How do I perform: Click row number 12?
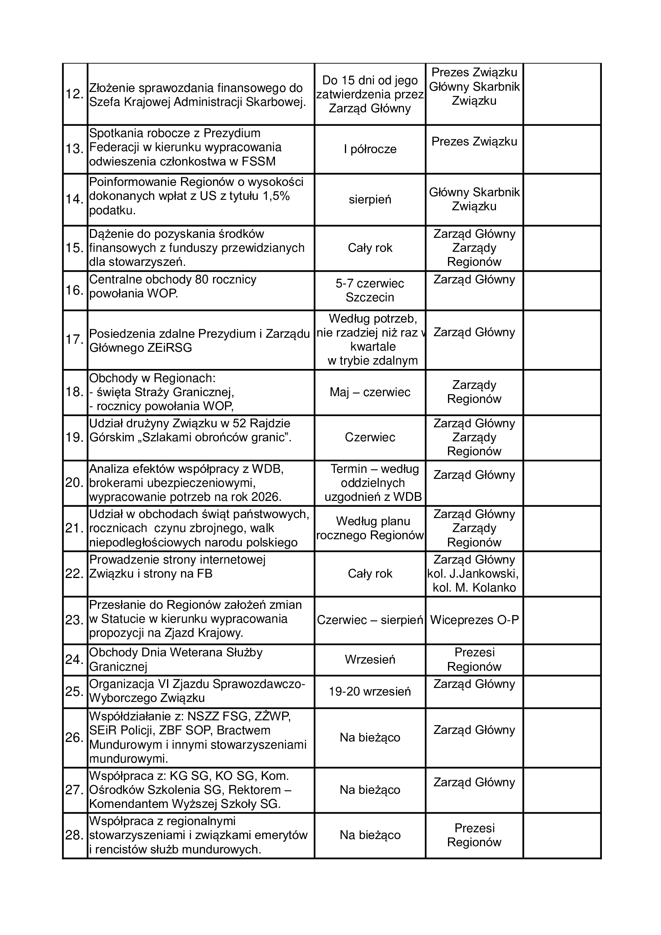tap(74, 94)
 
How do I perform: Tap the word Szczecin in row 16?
tap(370, 297)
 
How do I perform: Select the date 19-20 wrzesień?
tap(370, 691)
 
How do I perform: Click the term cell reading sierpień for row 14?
tap(370, 199)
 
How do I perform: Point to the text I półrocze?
tap(370, 149)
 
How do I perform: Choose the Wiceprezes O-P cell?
tap(474, 620)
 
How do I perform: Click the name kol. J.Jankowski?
tap(473, 574)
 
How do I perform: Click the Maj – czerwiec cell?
tap(370, 392)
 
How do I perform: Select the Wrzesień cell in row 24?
tap(370, 659)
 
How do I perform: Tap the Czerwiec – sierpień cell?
tap(370, 620)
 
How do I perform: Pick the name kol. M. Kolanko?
tap(474, 588)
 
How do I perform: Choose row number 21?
tap(74, 528)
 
